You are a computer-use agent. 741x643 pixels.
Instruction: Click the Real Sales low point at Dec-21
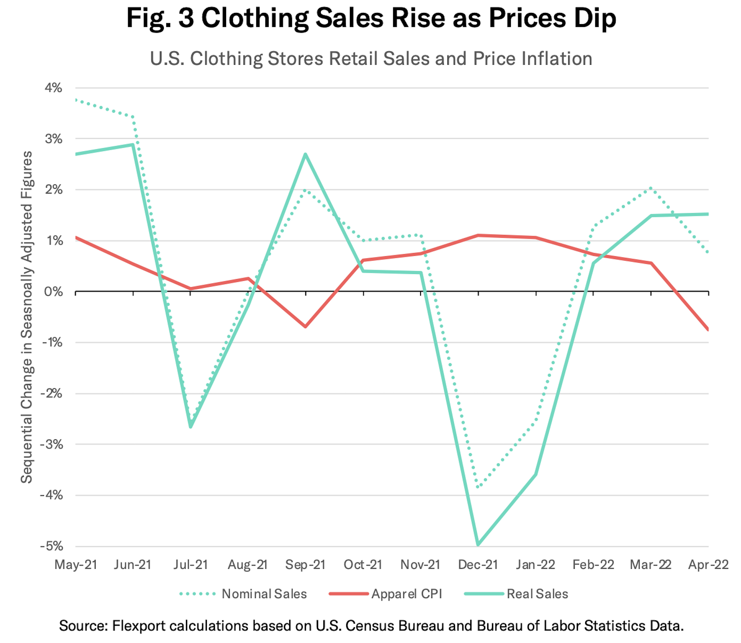pos(478,545)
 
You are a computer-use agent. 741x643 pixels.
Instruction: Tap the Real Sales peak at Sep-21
pos(306,154)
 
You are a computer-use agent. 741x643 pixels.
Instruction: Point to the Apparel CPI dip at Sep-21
pos(306,327)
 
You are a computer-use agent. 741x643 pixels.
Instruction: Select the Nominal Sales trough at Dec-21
pos(478,487)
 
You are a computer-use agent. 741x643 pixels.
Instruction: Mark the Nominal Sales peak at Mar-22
pos(651,188)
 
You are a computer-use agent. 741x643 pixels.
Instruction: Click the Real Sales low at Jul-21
pos(190,427)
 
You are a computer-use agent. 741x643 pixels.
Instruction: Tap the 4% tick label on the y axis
pos(53,88)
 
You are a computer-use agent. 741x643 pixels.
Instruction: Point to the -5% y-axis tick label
pos(51,546)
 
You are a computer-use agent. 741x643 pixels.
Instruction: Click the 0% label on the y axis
pos(53,292)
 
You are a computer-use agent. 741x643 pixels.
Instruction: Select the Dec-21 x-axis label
pos(478,565)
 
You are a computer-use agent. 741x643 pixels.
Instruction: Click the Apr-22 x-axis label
pos(708,565)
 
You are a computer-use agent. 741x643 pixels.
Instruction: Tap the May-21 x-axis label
pos(76,565)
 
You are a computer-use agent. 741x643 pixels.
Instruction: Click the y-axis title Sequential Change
pos(27,317)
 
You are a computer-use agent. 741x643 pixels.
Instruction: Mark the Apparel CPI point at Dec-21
pos(478,235)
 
